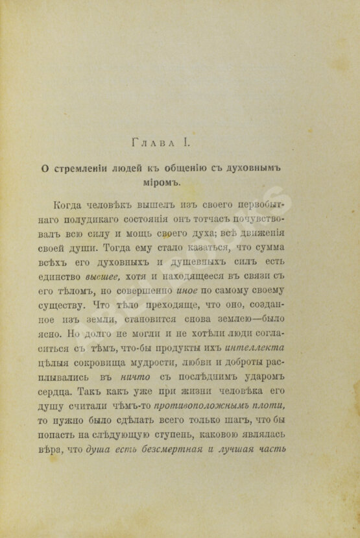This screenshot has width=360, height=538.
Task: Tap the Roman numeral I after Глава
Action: [187, 140]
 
